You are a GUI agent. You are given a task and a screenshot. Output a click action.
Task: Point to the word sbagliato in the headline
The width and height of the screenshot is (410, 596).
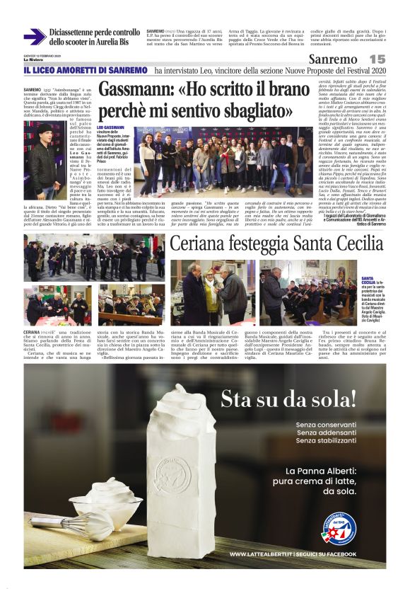251,110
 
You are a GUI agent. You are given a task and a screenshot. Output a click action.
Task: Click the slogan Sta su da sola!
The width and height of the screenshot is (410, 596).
291,399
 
